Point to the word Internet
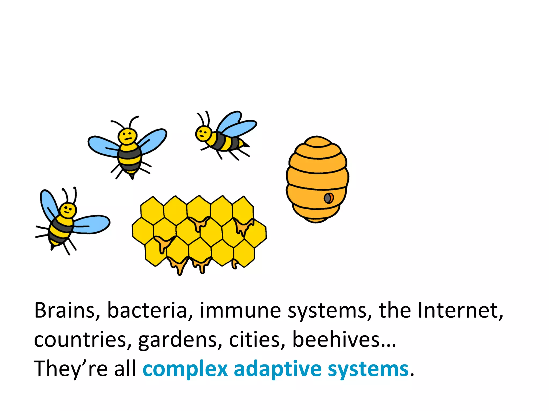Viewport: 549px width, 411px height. pos(460,310)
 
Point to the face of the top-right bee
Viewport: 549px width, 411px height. pos(203,133)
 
